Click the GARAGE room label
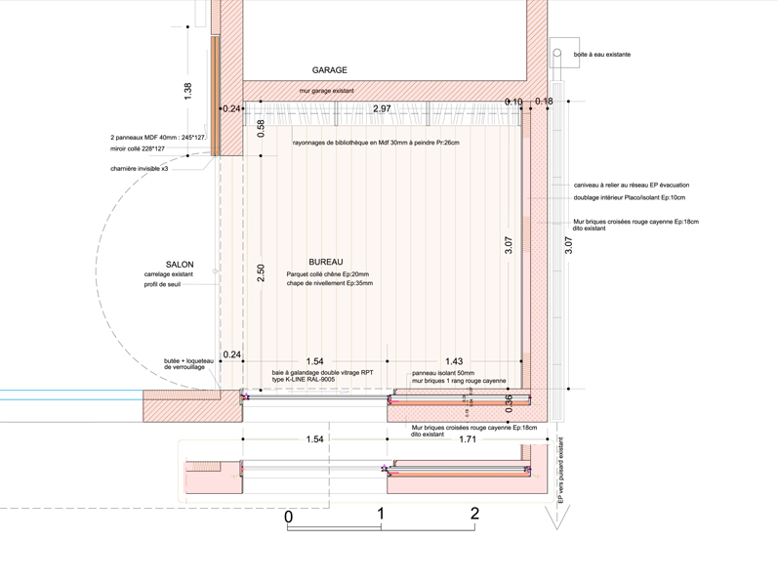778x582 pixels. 329,70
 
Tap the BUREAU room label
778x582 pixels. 325,264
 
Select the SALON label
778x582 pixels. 180,265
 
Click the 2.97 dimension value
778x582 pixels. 382,109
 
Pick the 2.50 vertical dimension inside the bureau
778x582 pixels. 261,272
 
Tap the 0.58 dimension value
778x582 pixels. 261,128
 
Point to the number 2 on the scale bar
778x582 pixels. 474,514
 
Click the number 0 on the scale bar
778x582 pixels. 289,516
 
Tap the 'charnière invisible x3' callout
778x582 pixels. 145,168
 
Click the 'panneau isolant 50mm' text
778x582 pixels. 443,373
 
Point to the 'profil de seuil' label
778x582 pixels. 161,284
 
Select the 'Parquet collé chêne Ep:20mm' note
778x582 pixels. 329,274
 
